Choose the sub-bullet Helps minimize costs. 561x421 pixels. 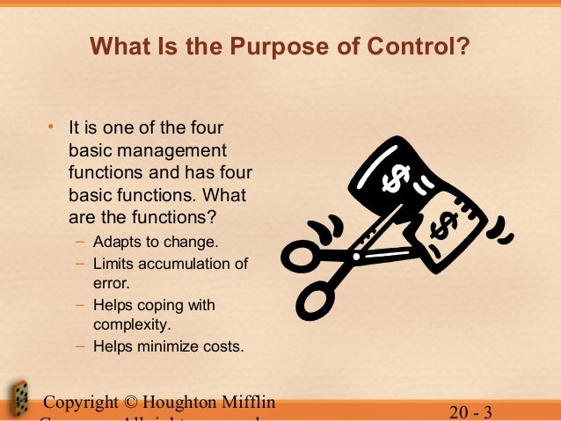[168, 346]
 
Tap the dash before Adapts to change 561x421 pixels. [80, 243]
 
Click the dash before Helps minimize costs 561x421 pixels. [80, 346]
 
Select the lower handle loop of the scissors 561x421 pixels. [317, 301]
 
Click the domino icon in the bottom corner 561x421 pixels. [18, 400]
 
